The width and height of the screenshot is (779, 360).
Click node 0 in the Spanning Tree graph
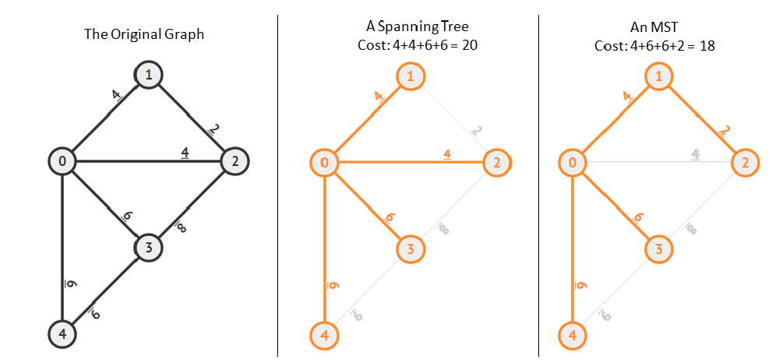[x=323, y=162]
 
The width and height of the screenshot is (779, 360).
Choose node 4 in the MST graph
[x=573, y=336]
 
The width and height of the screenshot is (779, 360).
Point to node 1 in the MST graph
[x=659, y=76]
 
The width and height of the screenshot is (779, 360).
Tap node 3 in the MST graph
[x=659, y=249]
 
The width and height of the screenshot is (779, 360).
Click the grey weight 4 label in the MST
[x=696, y=154]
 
